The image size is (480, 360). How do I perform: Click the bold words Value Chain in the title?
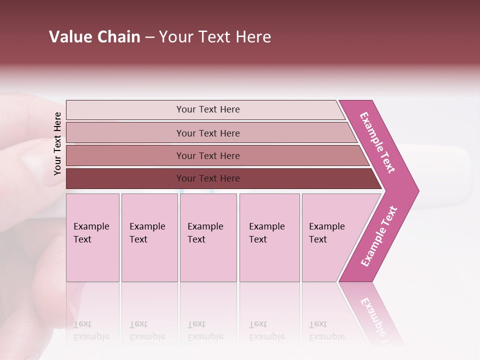[x=94, y=37]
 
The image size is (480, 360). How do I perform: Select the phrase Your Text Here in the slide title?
[x=215, y=37]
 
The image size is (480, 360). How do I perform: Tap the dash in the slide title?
[x=149, y=37]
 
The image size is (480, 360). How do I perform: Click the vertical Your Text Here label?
[x=57, y=143]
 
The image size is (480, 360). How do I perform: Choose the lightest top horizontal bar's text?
[x=208, y=109]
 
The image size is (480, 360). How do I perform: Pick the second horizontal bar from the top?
[x=208, y=133]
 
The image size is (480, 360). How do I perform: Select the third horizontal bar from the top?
[x=208, y=155]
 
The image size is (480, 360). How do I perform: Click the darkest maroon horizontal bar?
[x=208, y=178]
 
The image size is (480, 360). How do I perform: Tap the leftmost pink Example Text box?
[x=92, y=237]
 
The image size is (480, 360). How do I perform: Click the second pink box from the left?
[x=149, y=237]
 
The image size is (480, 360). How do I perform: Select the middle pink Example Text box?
[x=208, y=237]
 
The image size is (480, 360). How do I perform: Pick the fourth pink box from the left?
[x=269, y=237]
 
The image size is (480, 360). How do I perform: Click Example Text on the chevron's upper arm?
[x=378, y=142]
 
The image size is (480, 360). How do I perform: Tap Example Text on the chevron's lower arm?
[x=379, y=236]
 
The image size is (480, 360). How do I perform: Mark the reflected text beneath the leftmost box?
[x=91, y=330]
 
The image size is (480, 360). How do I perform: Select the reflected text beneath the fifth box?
[x=326, y=330]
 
